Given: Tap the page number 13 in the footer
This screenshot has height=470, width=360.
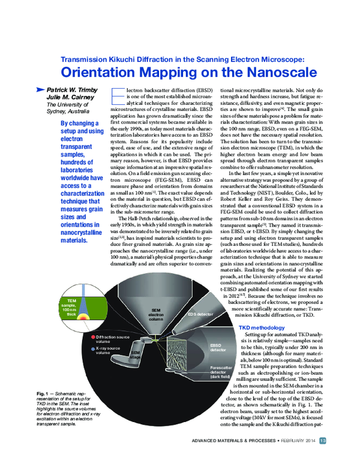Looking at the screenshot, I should tap(323, 459).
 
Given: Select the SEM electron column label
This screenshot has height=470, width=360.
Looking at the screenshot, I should tap(156, 313).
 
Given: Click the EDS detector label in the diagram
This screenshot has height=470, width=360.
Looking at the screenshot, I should tap(200, 314).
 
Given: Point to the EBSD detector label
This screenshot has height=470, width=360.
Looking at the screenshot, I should tap(216, 348).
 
